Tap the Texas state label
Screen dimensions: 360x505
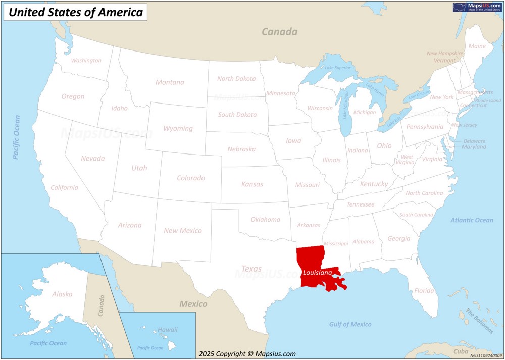(251, 269)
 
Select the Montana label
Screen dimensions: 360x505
(170, 82)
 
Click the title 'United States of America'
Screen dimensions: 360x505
(76, 12)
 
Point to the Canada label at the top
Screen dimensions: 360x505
(279, 32)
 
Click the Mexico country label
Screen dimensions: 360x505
(193, 304)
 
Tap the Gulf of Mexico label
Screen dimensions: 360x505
(350, 324)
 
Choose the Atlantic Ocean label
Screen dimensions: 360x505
(472, 220)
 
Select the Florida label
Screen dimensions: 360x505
(424, 291)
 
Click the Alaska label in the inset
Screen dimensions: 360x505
(62, 294)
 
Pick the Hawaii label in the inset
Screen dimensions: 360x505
(168, 330)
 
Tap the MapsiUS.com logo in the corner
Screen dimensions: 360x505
(477, 7)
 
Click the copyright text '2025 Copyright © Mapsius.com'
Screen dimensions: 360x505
(247, 354)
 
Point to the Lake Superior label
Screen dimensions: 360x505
(337, 68)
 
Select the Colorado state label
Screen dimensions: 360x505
(191, 178)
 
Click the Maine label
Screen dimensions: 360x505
(477, 46)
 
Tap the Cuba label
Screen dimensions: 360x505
(461, 351)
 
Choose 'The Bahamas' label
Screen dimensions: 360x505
(480, 321)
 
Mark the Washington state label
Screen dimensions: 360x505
(86, 61)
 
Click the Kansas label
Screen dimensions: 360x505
(252, 184)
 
